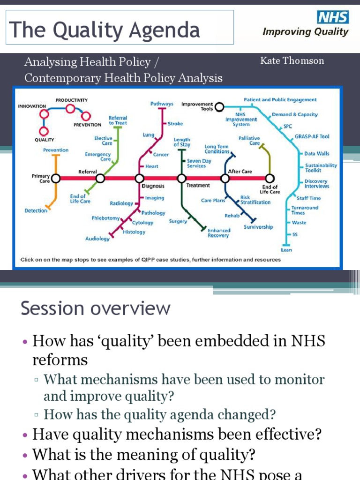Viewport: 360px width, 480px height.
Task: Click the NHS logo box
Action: [333, 18]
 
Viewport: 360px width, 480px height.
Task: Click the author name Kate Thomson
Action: [292, 60]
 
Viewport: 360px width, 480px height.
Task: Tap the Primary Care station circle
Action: [56, 178]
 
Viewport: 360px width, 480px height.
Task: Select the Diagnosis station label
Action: [153, 186]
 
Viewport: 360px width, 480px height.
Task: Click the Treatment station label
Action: [198, 185]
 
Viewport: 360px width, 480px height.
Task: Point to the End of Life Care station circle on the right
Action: [270, 178]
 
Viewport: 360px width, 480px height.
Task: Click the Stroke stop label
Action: [175, 124]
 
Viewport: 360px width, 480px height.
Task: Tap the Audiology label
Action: [97, 239]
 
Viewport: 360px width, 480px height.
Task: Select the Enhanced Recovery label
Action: [219, 233]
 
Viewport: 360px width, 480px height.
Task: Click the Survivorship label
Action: [258, 227]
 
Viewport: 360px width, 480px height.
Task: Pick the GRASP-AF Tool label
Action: [312, 136]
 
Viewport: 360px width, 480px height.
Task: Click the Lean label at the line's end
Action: [286, 250]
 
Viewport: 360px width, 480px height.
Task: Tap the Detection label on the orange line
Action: [36, 210]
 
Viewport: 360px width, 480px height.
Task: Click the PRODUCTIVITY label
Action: [71, 100]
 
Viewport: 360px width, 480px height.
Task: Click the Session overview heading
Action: [96, 308]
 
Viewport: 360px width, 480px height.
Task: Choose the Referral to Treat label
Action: [118, 120]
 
